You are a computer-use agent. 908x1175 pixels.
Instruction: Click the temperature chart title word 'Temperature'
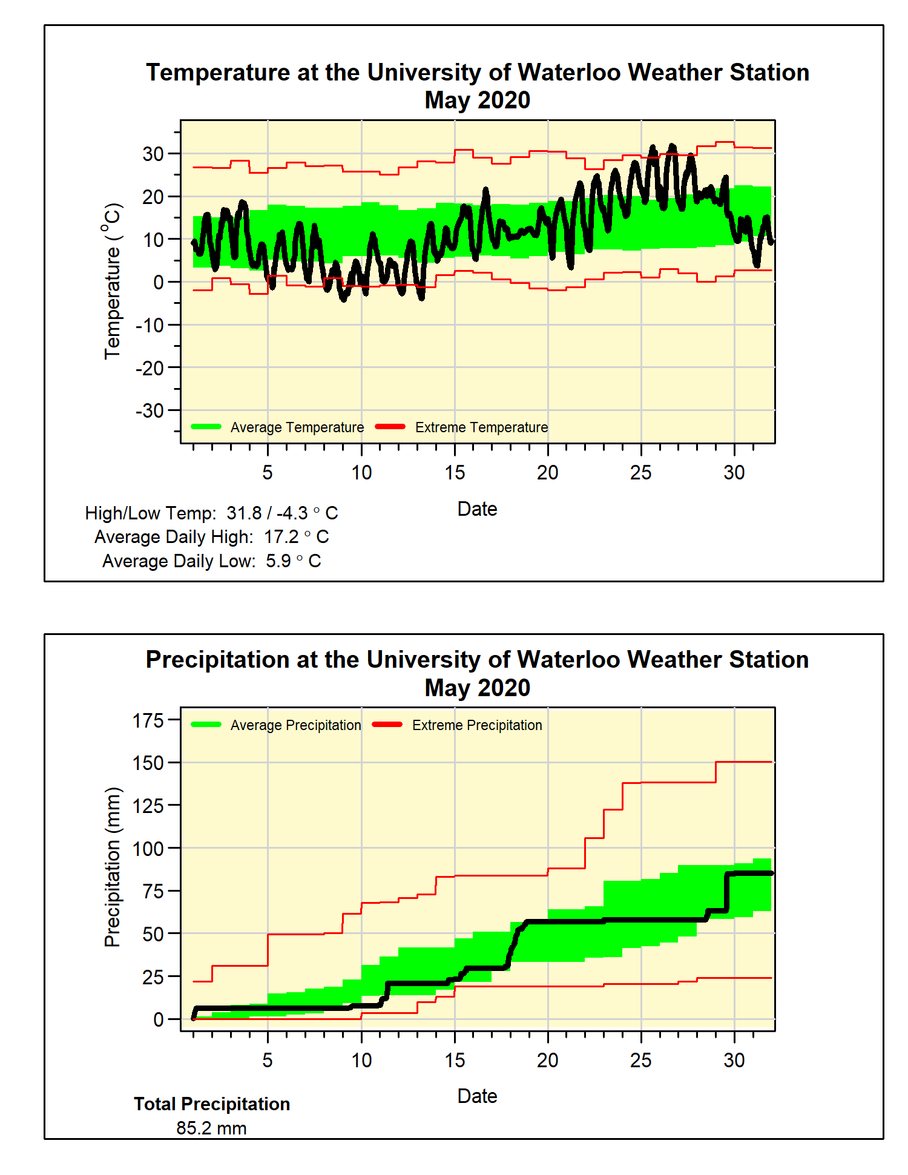(x=219, y=73)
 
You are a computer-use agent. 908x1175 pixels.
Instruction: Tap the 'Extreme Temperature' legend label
(x=481, y=427)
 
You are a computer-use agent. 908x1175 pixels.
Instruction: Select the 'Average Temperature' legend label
(x=297, y=427)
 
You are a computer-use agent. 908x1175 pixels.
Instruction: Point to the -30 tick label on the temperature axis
(x=150, y=410)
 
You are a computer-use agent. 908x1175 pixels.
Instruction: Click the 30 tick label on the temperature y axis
(x=153, y=154)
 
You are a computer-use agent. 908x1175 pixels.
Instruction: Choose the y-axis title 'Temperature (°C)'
(x=113, y=281)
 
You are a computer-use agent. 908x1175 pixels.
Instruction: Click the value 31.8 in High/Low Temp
(x=244, y=513)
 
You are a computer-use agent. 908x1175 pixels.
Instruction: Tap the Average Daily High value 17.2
(x=281, y=537)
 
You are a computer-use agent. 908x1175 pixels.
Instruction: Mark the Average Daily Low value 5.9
(x=278, y=561)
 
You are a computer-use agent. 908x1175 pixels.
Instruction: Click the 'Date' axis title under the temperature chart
(x=477, y=509)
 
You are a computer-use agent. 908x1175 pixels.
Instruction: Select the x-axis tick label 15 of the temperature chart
(x=455, y=473)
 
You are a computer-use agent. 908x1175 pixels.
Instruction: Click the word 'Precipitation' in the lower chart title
(x=217, y=660)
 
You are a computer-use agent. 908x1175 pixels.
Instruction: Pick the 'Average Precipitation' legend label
(x=295, y=725)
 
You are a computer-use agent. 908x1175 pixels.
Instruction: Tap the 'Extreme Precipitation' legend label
(x=477, y=725)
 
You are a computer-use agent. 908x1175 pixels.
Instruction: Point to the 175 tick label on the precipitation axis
(x=148, y=720)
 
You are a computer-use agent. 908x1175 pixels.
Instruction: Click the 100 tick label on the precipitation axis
(x=148, y=849)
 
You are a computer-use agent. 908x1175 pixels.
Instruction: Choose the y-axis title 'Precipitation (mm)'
(x=113, y=867)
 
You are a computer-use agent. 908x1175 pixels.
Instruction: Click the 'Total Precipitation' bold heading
(x=212, y=1104)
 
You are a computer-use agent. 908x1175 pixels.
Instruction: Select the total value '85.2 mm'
(x=211, y=1128)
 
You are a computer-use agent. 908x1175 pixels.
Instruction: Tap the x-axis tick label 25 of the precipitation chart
(x=640, y=1060)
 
